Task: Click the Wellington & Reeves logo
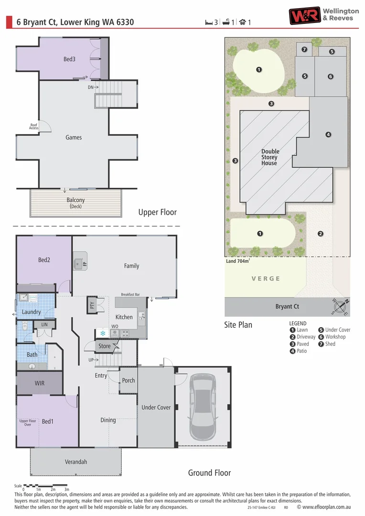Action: tap(323, 15)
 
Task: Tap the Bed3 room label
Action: tap(69, 59)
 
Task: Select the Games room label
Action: tap(74, 138)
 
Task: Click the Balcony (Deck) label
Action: tap(75, 203)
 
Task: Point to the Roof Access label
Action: tap(34, 127)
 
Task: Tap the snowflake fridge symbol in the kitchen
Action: tap(102, 333)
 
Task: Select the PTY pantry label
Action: tap(92, 305)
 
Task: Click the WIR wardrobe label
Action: tap(40, 384)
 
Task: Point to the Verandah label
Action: tap(76, 462)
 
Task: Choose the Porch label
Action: tap(129, 381)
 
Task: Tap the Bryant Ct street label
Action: tap(287, 307)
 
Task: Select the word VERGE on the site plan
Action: tap(266, 279)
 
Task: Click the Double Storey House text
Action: tap(270, 157)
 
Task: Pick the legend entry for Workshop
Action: tap(335, 337)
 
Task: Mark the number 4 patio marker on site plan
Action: tap(328, 135)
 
